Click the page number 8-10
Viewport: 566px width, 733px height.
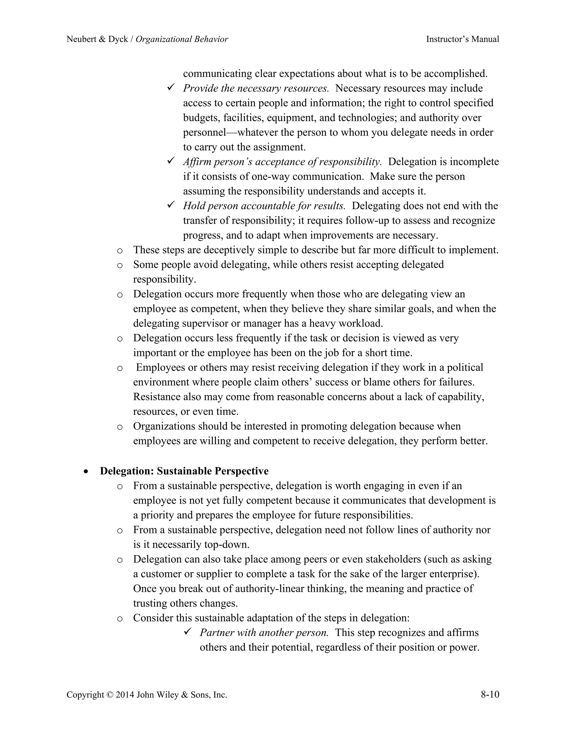coord(490,694)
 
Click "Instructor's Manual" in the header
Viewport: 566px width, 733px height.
coord(462,39)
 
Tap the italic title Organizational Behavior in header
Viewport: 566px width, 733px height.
coord(182,39)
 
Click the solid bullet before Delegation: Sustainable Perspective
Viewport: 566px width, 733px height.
coord(87,472)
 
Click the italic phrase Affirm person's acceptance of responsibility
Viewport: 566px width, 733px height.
coord(282,162)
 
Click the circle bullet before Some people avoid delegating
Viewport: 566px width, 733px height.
coord(120,266)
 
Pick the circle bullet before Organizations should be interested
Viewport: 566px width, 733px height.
coord(120,427)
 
